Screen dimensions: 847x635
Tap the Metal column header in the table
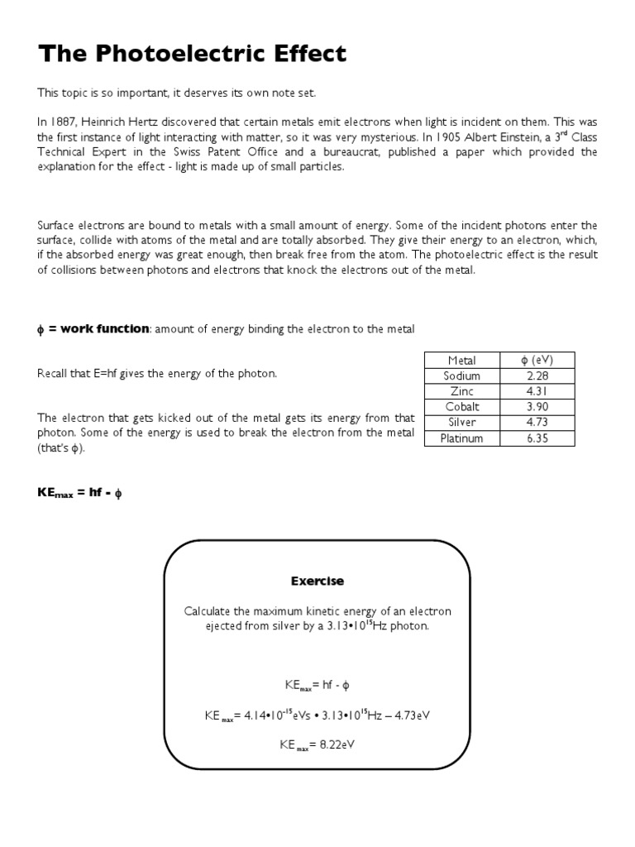pyautogui.click(x=462, y=360)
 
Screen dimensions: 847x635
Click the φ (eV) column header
pyautogui.click(x=537, y=360)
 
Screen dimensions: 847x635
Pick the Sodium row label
pyautogui.click(x=462, y=376)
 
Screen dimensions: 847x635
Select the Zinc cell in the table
pyautogui.click(x=462, y=391)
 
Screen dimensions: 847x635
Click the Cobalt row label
pyautogui.click(x=462, y=407)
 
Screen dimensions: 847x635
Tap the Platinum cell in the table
pyautogui.click(x=462, y=438)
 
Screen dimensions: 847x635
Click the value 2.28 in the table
pyautogui.click(x=537, y=376)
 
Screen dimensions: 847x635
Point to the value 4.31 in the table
pyautogui.click(x=537, y=391)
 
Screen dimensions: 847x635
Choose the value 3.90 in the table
pyautogui.click(x=537, y=407)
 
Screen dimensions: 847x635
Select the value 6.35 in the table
pyautogui.click(x=537, y=438)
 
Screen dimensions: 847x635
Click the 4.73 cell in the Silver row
pyautogui.click(x=537, y=423)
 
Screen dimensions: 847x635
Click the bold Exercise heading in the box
pyautogui.click(x=317, y=581)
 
